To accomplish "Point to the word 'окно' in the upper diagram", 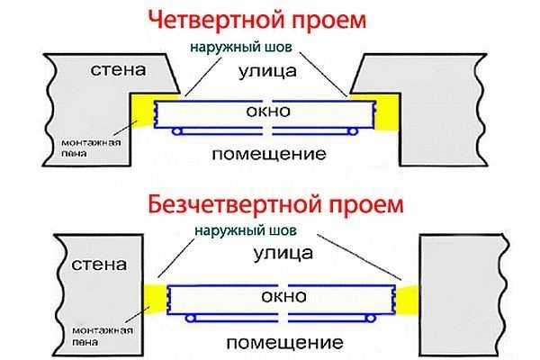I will (268, 112).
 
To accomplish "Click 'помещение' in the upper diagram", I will (268, 154).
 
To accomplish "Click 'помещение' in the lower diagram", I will (283, 343).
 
